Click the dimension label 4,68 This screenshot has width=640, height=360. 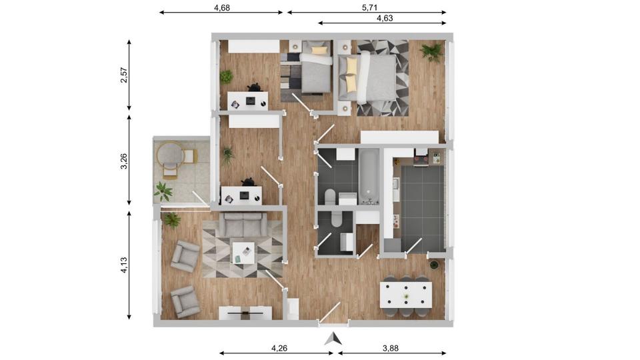click(x=222, y=8)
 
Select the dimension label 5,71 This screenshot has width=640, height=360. click(x=369, y=8)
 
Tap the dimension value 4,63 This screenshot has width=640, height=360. click(x=385, y=19)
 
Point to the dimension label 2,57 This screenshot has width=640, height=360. click(x=123, y=75)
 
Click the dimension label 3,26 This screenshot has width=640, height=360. click(x=123, y=161)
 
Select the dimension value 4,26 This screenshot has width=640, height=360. click(x=279, y=347)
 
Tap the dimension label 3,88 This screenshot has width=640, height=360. click(x=393, y=347)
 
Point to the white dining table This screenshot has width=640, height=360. click(x=405, y=295)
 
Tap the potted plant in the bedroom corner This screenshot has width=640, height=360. click(x=431, y=51)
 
